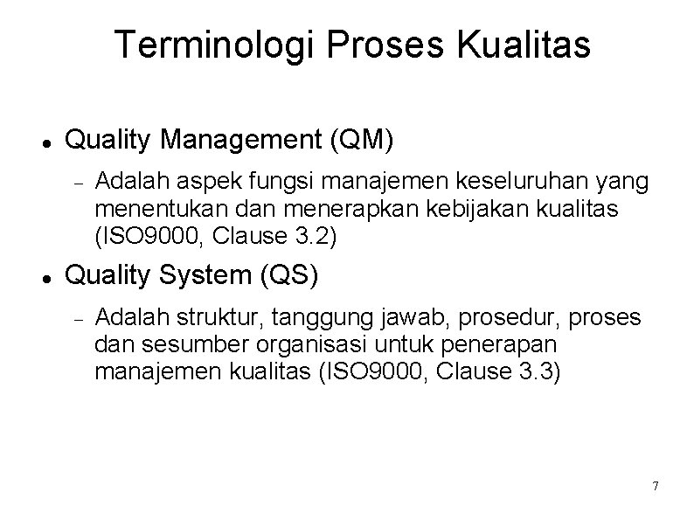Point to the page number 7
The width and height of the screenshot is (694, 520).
pos(656,485)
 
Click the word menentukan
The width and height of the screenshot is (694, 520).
pos(146,208)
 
